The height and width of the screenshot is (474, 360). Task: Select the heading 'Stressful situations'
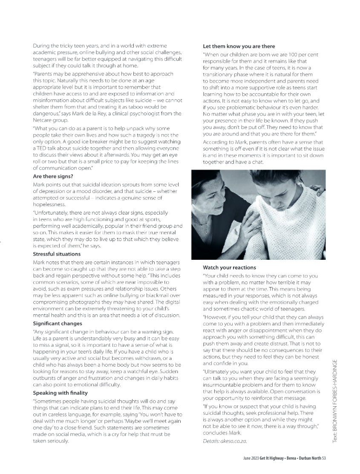[57, 254]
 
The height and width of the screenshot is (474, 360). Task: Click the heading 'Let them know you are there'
[239, 46]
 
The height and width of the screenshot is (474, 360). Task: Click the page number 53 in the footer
[323, 458]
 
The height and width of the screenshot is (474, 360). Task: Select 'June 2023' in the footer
[248, 458]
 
